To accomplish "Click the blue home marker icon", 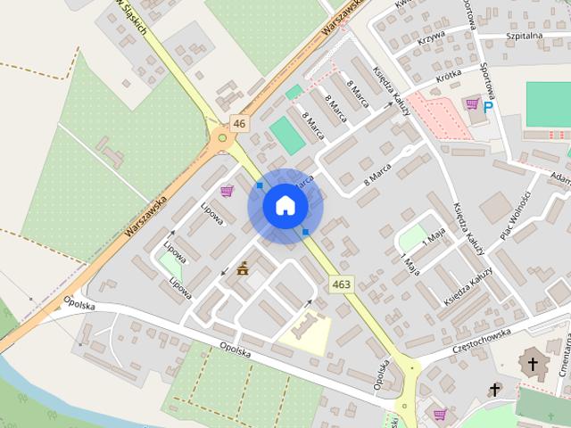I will pyautogui.click(x=285, y=206).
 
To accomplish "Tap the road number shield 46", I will pyautogui.click(x=237, y=123).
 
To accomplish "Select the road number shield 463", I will pyautogui.click(x=340, y=284).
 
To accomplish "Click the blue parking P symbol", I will pyautogui.click(x=488, y=106).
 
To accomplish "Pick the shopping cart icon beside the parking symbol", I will pyautogui.click(x=471, y=105).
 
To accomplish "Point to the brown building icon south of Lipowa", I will pyautogui.click(x=243, y=267).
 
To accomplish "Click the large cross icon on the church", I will pyautogui.click(x=533, y=364).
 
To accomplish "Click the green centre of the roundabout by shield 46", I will pyautogui.click(x=222, y=138).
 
